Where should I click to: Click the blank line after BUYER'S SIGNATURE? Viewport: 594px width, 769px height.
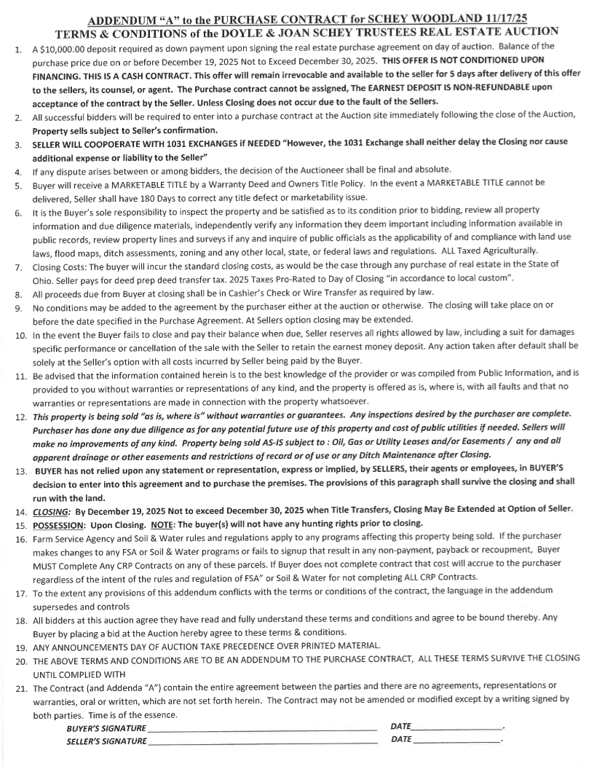tap(262, 728)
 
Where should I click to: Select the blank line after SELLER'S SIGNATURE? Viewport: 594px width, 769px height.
tap(262, 741)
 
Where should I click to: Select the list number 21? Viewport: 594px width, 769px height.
tap(21, 687)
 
